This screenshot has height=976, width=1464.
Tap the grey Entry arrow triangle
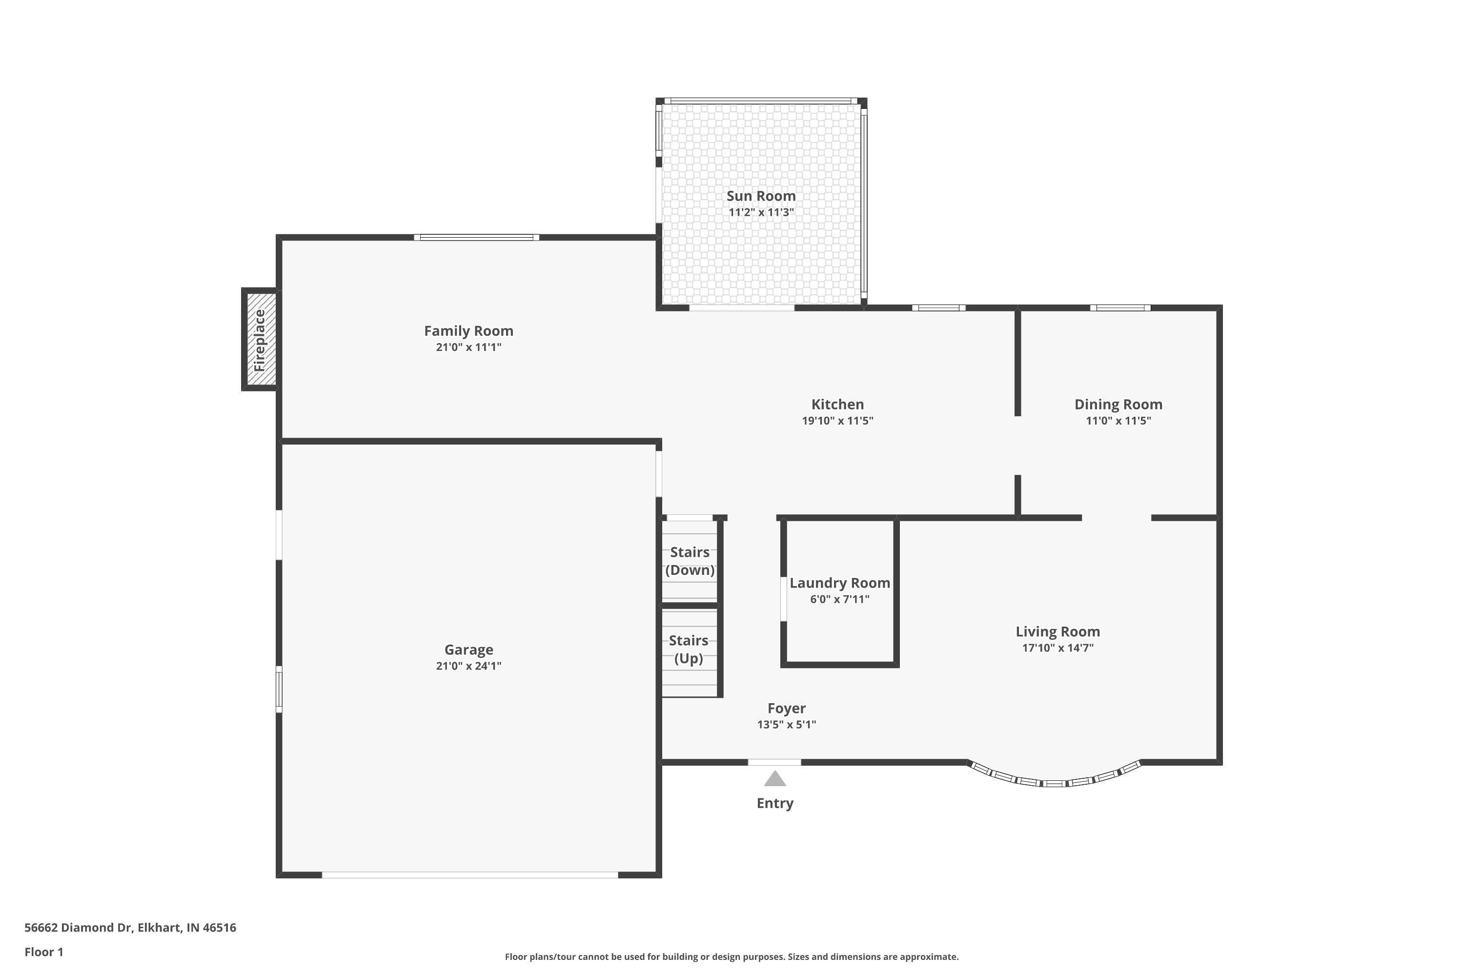(774, 779)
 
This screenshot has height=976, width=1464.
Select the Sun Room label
(761, 196)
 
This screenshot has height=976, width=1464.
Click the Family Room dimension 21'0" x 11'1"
(468, 347)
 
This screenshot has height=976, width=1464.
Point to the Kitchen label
(837, 405)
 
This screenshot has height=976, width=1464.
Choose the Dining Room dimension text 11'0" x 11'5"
(1118, 421)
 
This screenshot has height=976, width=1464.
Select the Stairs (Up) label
(689, 649)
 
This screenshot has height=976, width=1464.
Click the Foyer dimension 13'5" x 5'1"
(786, 725)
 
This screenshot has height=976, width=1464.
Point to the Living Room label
(1057, 632)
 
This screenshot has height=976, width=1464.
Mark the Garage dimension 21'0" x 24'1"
(468, 666)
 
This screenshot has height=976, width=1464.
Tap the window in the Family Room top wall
(477, 237)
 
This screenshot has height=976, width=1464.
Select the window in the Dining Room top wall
(1120, 307)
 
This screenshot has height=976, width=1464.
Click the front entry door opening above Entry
(774, 762)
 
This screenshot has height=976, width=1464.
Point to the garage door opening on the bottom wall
(470, 874)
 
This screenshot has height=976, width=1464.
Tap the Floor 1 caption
(43, 952)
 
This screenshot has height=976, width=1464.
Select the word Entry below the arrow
(774, 804)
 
